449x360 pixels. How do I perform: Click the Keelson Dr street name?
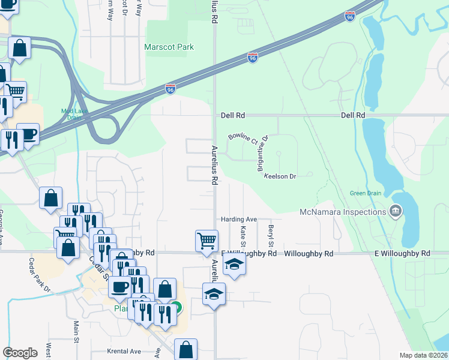tap(281, 176)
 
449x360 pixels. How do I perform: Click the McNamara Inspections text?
tap(343, 212)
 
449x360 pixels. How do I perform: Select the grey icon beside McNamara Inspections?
tap(396, 211)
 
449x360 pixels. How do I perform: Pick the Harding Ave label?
tap(239, 219)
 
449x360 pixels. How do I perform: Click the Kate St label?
tap(243, 235)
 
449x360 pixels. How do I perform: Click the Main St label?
tap(77, 331)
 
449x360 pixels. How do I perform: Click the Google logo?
tap(20, 352)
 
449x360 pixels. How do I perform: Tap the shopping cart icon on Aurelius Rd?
tap(206, 240)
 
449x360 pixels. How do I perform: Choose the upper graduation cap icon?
tap(234, 265)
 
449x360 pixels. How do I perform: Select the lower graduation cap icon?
tap(213, 294)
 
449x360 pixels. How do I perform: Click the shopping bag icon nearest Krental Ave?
tap(186, 349)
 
